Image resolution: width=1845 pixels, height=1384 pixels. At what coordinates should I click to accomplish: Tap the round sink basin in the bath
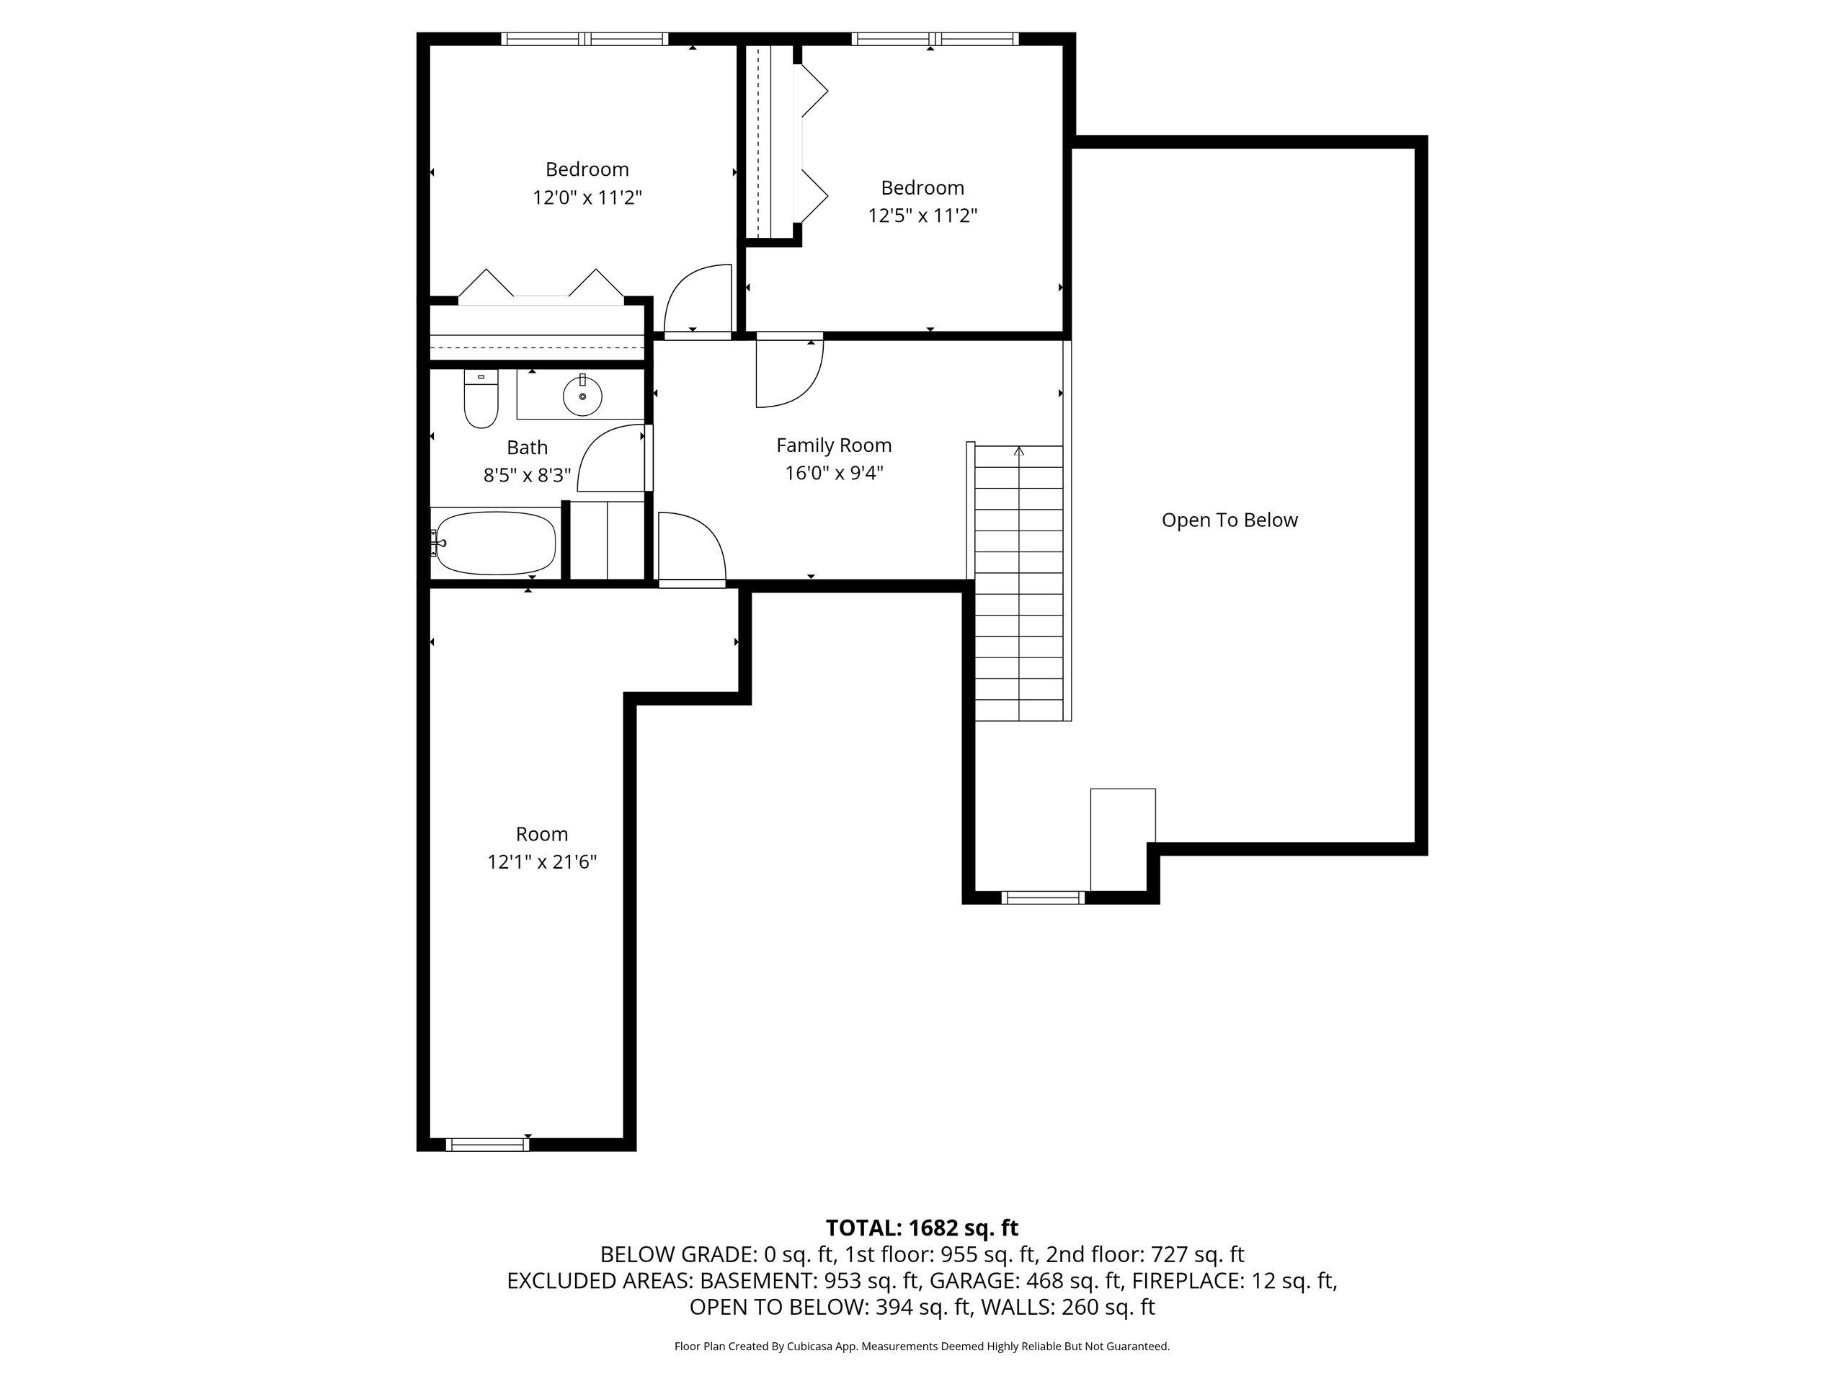[x=582, y=396]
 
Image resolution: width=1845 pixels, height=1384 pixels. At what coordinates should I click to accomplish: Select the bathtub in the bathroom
[x=494, y=543]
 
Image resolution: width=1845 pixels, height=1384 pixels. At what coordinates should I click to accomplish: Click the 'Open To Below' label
[x=1230, y=520]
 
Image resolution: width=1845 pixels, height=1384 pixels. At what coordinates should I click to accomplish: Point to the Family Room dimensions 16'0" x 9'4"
[x=834, y=473]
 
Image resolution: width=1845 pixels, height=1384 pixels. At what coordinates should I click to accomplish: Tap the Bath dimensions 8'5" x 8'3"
[x=527, y=476]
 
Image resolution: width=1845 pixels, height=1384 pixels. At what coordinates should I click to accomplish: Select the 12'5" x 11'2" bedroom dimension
[x=922, y=216]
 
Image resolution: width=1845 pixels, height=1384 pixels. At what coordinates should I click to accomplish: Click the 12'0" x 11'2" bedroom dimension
[x=587, y=198]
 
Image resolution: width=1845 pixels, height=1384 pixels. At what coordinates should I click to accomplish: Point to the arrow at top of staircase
[x=1019, y=451]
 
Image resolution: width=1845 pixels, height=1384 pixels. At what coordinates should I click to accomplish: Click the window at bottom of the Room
[x=488, y=1145]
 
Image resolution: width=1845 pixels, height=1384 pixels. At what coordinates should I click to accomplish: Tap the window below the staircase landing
[x=1043, y=897]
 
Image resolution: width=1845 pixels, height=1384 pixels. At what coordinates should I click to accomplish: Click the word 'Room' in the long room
[x=542, y=834]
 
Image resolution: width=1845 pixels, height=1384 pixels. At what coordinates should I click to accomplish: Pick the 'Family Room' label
[x=834, y=445]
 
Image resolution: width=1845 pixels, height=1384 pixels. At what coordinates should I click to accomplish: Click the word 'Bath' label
[x=527, y=448]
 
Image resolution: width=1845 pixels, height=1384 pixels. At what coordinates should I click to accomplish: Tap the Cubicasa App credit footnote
[x=922, y=1346]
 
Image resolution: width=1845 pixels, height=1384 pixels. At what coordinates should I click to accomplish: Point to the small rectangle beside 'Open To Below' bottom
[x=1123, y=839]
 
